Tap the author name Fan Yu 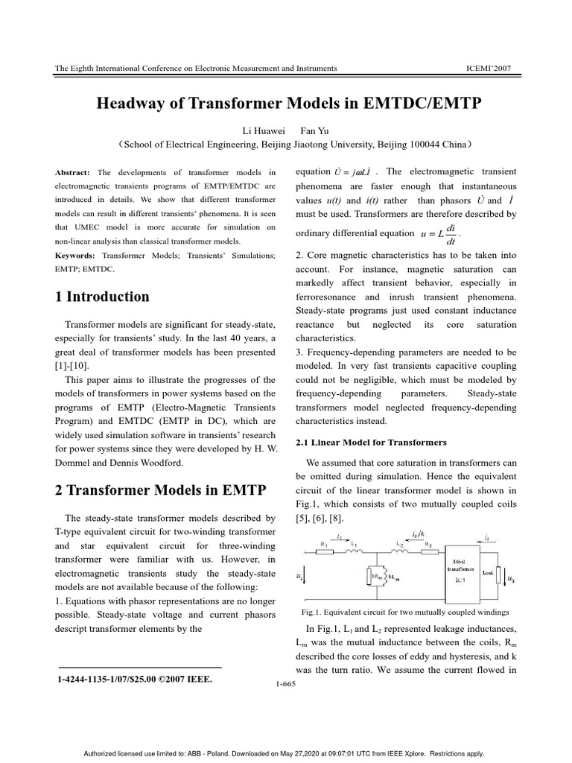tap(315, 130)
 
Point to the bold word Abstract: tap(72, 172)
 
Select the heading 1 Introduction tap(103, 297)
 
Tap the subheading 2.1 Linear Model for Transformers tap(371, 443)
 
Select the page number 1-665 tap(285, 684)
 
